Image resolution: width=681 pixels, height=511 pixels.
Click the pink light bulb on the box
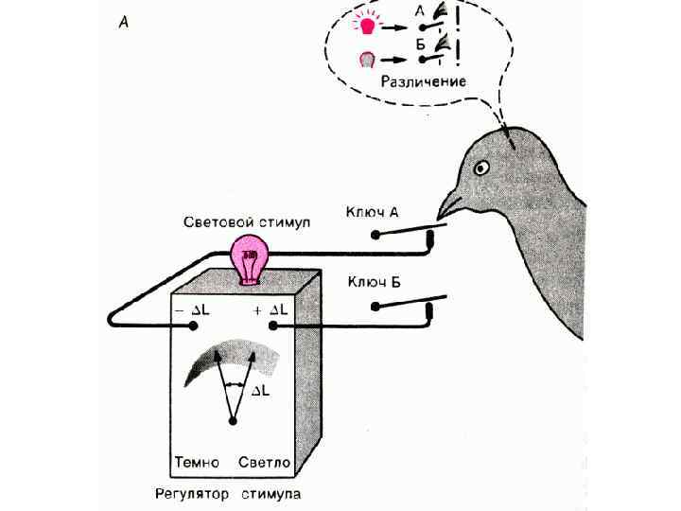[x=250, y=258]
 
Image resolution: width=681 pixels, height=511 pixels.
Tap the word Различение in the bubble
[x=423, y=81]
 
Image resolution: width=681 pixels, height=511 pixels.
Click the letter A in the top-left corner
[x=124, y=23]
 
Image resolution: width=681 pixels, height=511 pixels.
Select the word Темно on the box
[x=197, y=463]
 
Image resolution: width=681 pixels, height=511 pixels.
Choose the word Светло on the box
[x=265, y=463]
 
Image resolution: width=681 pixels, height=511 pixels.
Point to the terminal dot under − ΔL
[x=193, y=326]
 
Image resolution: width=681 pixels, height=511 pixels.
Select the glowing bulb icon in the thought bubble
[x=370, y=18]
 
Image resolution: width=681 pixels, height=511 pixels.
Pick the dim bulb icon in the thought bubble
[x=370, y=59]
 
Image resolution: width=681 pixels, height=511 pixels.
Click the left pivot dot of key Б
[x=375, y=306]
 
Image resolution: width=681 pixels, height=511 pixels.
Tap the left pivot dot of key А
[x=375, y=233]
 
